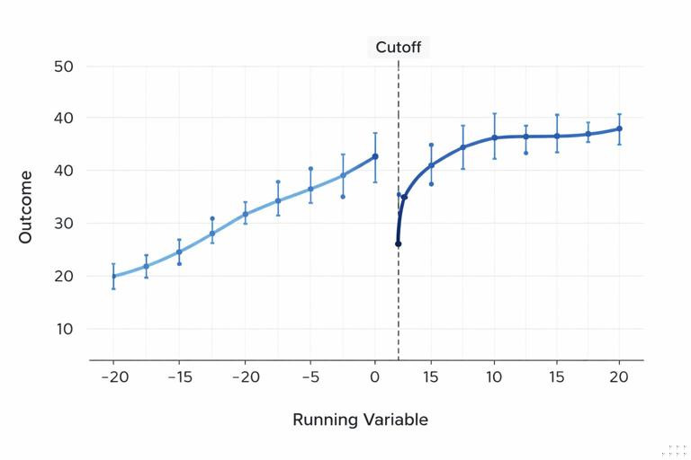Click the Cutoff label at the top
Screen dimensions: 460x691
coord(398,48)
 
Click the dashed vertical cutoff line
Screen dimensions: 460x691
coord(399,296)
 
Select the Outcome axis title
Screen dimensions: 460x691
coord(26,207)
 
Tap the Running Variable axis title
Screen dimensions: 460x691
coord(360,420)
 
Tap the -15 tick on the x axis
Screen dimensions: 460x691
coord(179,377)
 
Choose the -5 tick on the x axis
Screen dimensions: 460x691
coord(310,377)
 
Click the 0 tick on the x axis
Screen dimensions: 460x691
coord(375,377)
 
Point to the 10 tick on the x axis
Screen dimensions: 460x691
coord(494,377)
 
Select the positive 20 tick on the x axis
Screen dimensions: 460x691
coord(619,377)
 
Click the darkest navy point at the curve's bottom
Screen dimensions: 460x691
coord(398,243)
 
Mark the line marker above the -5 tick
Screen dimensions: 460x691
coord(310,189)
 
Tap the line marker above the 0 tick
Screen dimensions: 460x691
coord(375,156)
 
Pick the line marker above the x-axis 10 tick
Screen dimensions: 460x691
coord(494,137)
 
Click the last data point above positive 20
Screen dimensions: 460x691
coord(619,128)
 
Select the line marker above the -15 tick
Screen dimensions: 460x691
coord(179,252)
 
